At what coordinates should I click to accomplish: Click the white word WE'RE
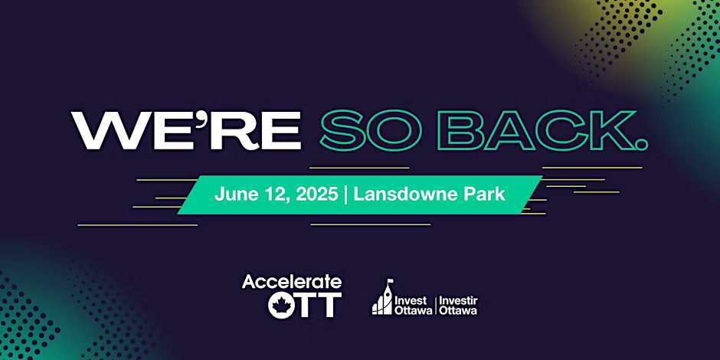(x=186, y=130)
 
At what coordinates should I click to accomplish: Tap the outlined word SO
(x=371, y=130)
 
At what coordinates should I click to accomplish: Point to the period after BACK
(x=642, y=145)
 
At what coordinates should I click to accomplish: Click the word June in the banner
(x=232, y=195)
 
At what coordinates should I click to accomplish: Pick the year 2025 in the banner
(x=317, y=195)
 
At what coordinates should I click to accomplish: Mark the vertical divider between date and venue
(x=345, y=195)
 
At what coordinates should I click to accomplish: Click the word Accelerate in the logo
(x=292, y=281)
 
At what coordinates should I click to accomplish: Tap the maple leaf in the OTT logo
(x=280, y=305)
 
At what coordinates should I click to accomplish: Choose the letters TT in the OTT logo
(x=318, y=305)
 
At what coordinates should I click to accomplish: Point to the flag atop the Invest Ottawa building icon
(x=391, y=281)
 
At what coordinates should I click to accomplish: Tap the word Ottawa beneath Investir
(x=458, y=310)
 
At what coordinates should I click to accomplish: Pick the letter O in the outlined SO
(x=395, y=130)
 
